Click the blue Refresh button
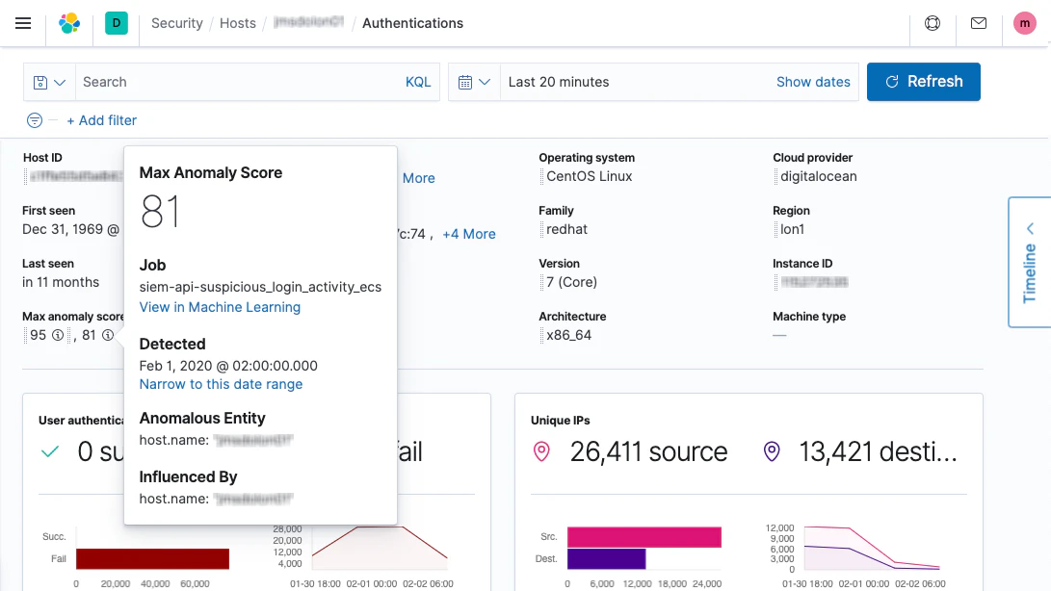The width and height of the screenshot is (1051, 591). (923, 82)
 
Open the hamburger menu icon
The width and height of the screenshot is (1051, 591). (23, 23)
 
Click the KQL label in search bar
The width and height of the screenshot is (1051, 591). (418, 82)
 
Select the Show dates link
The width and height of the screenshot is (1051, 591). (813, 82)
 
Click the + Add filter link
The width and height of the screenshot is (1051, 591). (101, 120)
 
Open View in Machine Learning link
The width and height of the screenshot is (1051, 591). (220, 307)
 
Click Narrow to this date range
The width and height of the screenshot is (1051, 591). (221, 384)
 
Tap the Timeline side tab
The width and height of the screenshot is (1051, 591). (1030, 262)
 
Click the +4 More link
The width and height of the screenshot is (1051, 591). (468, 234)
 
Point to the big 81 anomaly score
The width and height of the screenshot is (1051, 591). (160, 211)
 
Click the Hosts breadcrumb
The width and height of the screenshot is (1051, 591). (237, 23)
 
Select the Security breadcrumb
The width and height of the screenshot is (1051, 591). (177, 23)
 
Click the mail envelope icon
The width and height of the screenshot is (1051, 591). (979, 23)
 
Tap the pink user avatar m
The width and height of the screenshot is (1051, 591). (1025, 23)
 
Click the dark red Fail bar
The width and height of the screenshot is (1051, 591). (152, 558)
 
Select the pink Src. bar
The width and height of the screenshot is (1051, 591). (644, 537)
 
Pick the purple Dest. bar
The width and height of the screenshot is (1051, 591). (605, 558)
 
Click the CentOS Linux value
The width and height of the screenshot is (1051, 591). (589, 177)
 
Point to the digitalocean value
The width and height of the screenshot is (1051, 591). (818, 177)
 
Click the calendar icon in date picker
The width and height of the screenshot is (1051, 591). (465, 82)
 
